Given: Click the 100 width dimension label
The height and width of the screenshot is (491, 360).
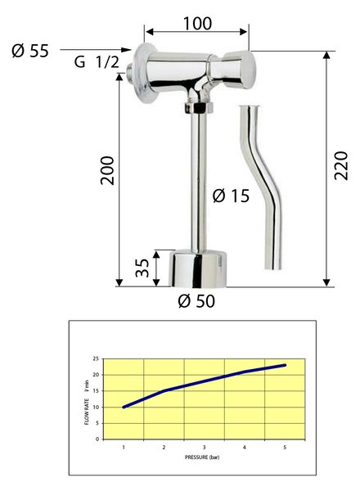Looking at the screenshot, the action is pos(197,24).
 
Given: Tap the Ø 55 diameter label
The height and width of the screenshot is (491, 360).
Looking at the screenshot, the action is pos(30,51).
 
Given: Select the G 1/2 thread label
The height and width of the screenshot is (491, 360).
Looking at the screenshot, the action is pos(97,61).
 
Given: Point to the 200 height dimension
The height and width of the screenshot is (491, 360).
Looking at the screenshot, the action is pos(107,170).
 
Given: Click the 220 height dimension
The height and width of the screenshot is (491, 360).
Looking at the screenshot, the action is pos(341,165).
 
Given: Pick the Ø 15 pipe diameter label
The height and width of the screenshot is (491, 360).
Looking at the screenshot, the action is pos(231,196).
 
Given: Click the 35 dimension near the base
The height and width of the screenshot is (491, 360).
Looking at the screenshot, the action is pos(142,268).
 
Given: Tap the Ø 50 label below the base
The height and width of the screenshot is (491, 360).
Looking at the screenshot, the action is pos(196,301).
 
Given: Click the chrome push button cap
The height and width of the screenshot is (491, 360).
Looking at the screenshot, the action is pos(240,70).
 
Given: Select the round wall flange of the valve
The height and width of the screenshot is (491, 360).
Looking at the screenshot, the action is pos(145,73).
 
